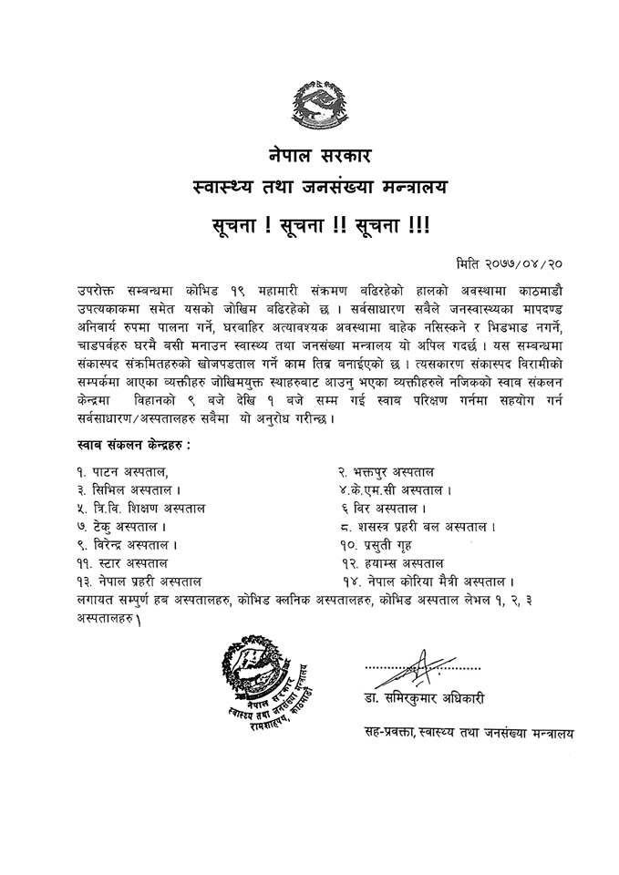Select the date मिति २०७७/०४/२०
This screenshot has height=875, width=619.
click(515, 263)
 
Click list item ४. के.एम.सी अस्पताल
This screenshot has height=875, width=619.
click(395, 490)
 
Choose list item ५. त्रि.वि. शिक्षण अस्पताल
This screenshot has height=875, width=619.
click(141, 509)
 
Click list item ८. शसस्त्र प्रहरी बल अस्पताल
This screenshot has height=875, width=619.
click(417, 527)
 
